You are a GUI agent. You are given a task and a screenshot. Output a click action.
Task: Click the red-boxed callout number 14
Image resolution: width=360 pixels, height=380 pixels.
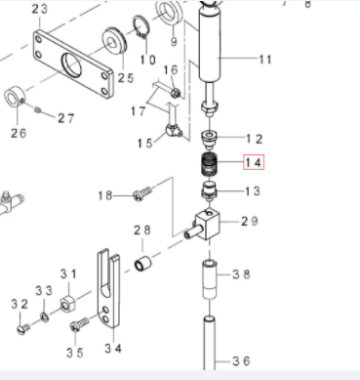[254, 162]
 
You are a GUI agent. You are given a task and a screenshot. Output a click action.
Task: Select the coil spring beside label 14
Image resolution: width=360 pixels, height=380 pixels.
[210, 164]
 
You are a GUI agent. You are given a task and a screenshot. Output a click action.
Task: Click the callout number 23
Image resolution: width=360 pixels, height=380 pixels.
[39, 9]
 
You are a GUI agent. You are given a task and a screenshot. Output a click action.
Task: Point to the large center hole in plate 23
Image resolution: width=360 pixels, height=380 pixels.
[71, 64]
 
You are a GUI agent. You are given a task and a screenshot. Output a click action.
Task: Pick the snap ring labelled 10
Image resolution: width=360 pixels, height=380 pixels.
[140, 26]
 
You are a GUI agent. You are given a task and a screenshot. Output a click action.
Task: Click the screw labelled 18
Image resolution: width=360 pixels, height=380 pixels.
[142, 193]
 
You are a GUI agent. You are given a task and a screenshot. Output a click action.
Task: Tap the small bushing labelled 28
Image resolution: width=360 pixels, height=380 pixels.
[142, 264]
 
